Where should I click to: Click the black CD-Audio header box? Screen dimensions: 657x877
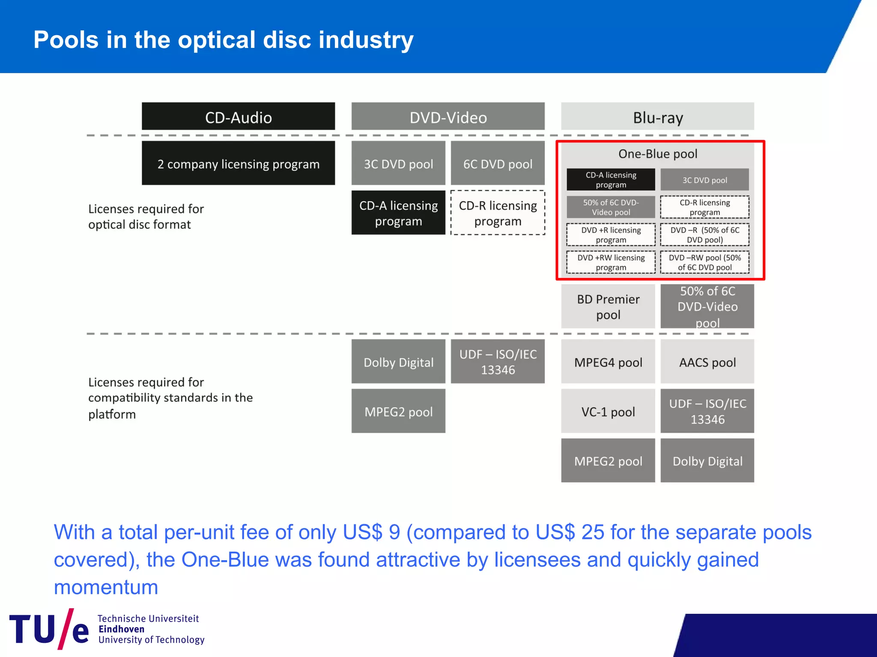[238, 116]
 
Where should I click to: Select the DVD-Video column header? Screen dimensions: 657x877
[448, 116]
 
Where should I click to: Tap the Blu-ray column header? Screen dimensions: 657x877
[657, 116]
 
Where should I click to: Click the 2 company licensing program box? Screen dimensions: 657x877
[238, 163]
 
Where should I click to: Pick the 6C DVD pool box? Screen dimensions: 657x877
[498, 163]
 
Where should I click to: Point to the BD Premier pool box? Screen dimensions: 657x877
[608, 306]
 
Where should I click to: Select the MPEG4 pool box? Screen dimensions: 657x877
[608, 362]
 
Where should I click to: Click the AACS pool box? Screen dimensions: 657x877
[707, 362]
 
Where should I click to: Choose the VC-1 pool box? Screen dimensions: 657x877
[608, 411]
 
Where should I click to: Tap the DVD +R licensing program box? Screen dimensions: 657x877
[611, 235]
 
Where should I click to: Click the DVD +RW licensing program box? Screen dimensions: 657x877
[611, 262]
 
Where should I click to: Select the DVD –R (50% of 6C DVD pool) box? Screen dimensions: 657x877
[705, 235]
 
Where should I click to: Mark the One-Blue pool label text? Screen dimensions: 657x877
[658, 154]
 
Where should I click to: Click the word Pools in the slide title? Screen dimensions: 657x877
[66, 40]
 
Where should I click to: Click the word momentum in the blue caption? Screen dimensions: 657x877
[106, 587]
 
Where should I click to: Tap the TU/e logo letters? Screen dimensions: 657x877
[49, 629]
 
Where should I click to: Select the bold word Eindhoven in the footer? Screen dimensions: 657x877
[122, 629]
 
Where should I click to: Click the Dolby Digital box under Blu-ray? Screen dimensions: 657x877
[707, 461]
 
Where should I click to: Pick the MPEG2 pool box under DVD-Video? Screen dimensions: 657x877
[398, 411]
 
